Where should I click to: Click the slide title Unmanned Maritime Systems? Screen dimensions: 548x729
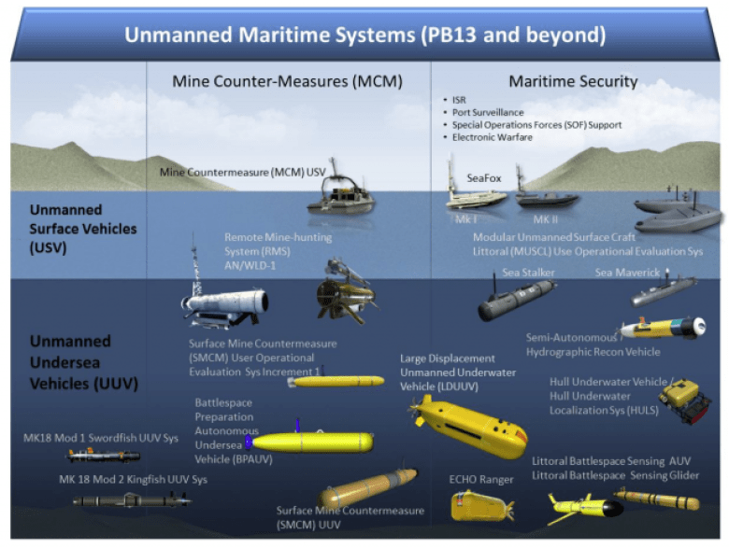coord(365,35)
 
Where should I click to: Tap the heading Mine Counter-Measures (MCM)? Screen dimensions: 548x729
coord(287,81)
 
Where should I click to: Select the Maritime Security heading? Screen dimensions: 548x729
coord(573,81)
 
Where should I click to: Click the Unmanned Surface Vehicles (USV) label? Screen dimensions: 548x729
coord(82,229)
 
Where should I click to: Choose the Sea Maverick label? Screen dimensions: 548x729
coord(627,273)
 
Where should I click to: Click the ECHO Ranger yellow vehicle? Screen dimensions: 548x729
coord(480,507)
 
